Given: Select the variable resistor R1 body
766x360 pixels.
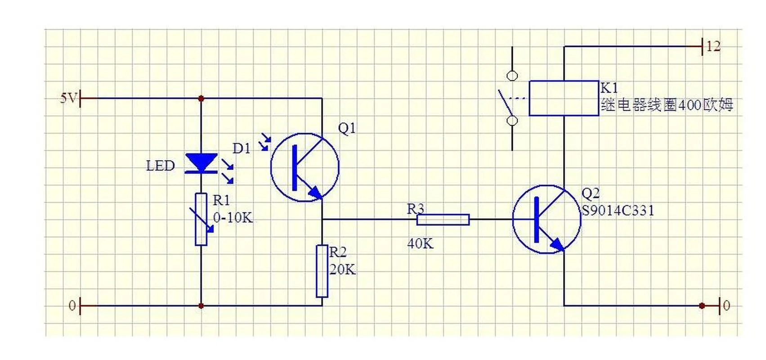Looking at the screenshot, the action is (201, 219).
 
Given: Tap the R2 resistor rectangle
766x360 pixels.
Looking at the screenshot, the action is (322, 271).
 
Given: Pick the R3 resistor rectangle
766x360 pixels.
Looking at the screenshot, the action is (443, 220).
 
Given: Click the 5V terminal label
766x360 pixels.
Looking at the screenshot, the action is (68, 98).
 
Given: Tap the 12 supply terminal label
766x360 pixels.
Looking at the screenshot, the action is (713, 46).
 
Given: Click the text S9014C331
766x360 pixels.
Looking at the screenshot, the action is (618, 211).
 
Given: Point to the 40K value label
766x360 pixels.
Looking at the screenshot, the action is (420, 243).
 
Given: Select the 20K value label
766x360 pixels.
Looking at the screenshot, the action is (342, 270).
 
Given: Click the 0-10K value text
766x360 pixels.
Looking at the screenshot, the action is (233, 217).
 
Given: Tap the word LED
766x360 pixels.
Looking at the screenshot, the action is (161, 166).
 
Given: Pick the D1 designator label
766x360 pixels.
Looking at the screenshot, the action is (242, 148).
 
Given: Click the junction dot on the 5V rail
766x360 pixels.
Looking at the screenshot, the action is (201, 99).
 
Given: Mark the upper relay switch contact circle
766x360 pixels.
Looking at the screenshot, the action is (512, 76).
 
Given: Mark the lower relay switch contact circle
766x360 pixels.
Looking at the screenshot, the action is (512, 121).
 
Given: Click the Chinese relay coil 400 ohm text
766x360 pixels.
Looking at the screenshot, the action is (667, 105).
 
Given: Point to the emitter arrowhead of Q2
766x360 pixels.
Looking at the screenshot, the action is (557, 244).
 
